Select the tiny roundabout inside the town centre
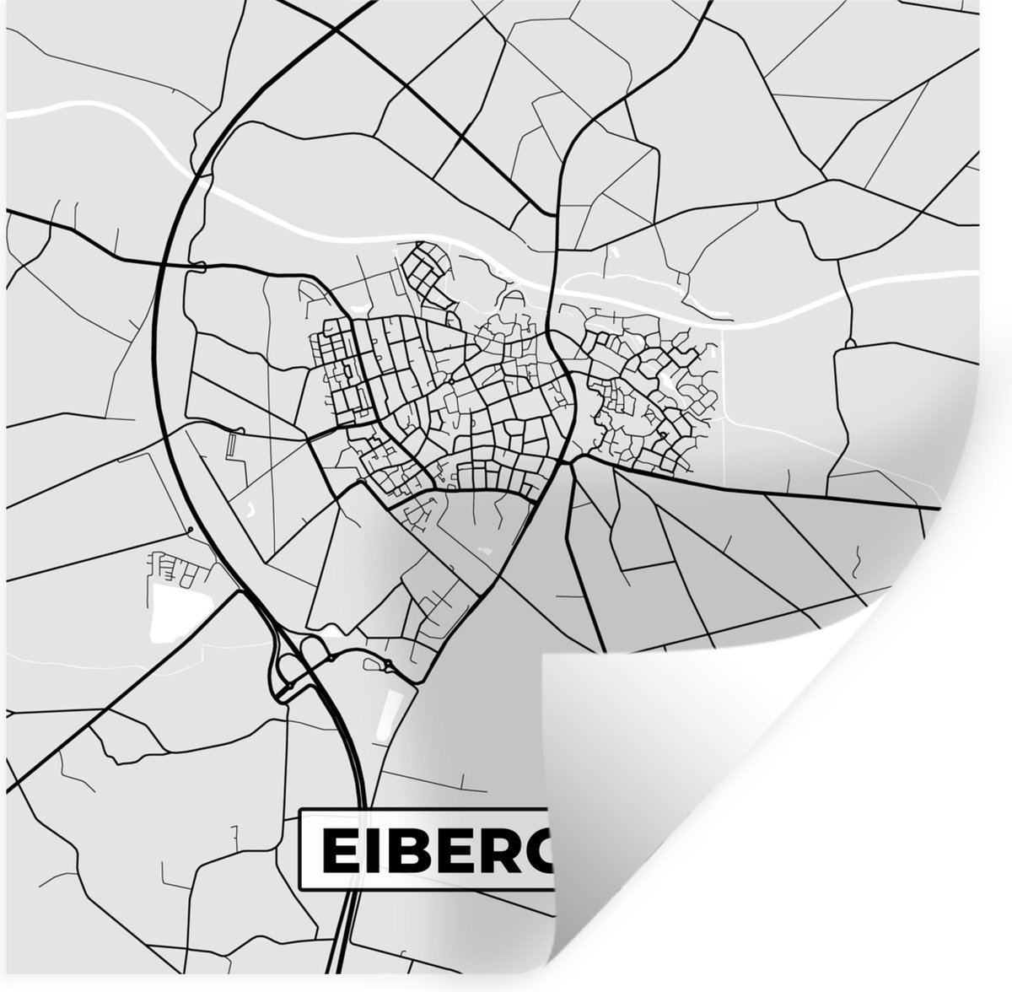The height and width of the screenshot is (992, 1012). click(452, 381)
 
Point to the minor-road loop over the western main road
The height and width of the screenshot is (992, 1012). click(199, 267)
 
